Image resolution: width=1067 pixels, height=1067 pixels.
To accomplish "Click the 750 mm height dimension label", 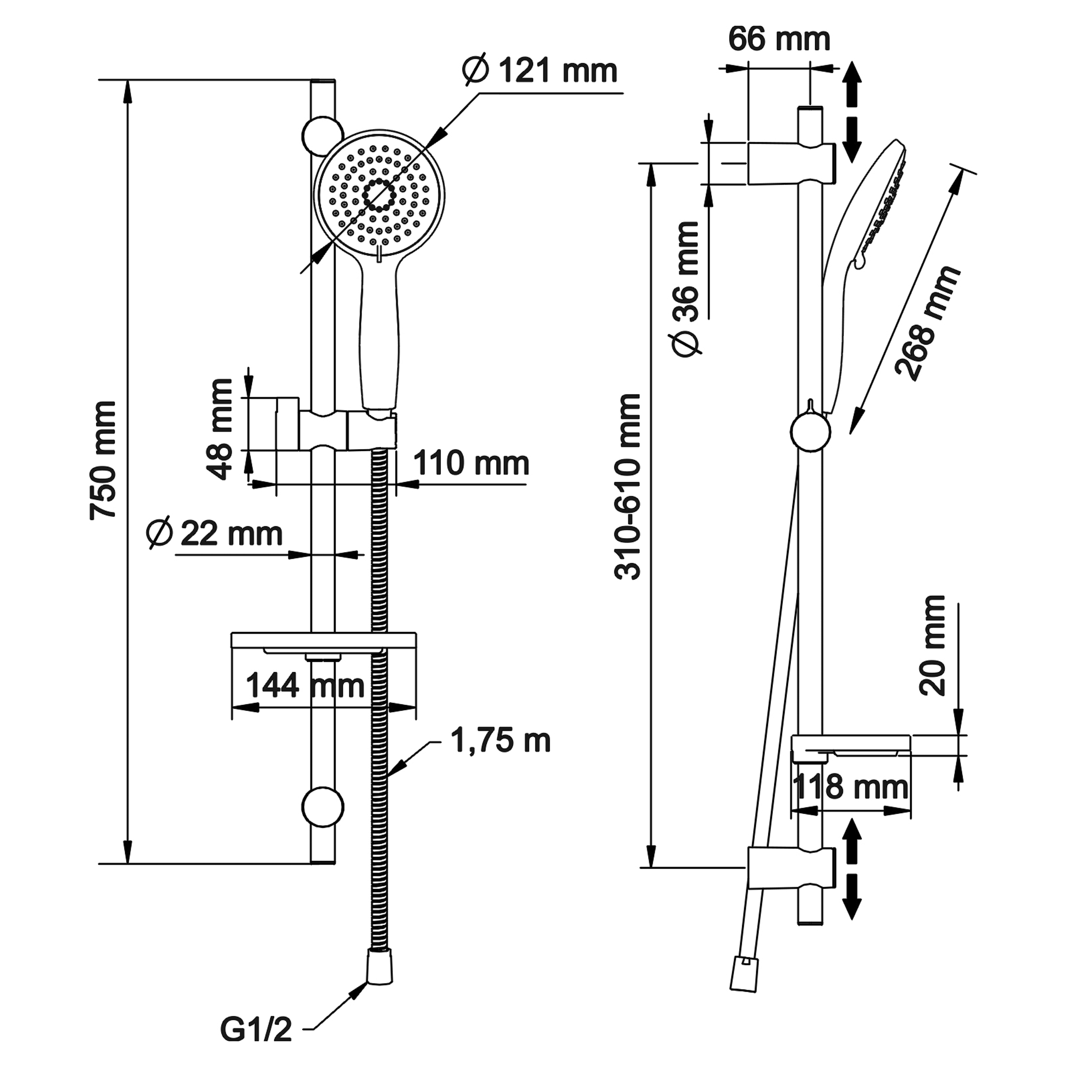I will click(103, 460).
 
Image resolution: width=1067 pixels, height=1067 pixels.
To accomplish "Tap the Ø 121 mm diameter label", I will click(540, 71).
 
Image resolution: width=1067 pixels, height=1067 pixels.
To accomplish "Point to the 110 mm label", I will click(471, 463).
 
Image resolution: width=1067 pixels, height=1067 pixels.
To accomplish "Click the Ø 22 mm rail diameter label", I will click(214, 534).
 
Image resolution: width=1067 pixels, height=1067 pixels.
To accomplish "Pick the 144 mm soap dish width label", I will click(304, 686).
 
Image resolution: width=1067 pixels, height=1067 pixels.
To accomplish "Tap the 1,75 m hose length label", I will click(501, 740).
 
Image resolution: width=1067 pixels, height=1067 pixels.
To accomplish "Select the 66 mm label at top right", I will click(779, 39).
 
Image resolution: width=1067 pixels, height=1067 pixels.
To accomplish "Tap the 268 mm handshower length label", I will click(927, 323).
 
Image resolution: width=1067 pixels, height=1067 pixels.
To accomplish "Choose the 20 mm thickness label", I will click(933, 645).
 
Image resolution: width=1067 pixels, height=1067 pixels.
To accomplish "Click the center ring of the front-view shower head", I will click(379, 194).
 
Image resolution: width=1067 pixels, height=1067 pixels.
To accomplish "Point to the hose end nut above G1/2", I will click(379, 967).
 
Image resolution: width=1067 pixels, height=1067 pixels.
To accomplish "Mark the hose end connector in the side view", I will click(744, 975).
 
